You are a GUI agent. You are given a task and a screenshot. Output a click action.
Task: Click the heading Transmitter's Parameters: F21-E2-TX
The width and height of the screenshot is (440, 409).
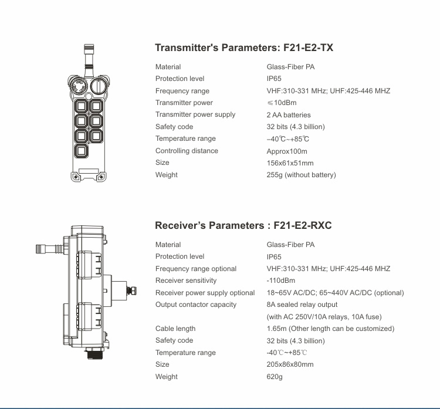pyautogui.click(x=243, y=48)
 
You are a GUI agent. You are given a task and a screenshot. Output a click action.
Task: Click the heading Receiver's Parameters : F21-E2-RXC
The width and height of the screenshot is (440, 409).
pyautogui.click(x=243, y=225)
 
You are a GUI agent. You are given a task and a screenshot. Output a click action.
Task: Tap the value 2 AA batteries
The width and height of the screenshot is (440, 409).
pyautogui.click(x=289, y=115)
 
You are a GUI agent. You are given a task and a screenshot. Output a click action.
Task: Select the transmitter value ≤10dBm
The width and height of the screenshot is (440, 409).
pyautogui.click(x=282, y=103)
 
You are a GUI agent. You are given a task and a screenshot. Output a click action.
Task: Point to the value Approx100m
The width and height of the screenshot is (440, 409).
pyautogui.click(x=287, y=151)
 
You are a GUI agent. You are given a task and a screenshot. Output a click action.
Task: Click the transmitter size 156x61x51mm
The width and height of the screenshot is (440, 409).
pyautogui.click(x=290, y=163)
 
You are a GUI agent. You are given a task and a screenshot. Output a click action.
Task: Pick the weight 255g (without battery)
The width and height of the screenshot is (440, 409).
pyautogui.click(x=301, y=175)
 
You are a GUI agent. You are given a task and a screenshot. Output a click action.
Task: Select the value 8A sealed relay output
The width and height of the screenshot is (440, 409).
pyautogui.click(x=302, y=305)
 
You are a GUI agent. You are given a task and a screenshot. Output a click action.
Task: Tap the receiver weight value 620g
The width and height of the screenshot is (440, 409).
pyautogui.click(x=275, y=377)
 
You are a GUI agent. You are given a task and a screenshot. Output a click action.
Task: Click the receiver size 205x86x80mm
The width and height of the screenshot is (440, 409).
pyautogui.click(x=290, y=364)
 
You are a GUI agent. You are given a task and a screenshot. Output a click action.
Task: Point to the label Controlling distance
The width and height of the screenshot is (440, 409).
pyautogui.click(x=187, y=151)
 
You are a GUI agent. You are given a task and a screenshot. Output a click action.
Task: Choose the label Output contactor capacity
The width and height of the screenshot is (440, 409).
pyautogui.click(x=196, y=305)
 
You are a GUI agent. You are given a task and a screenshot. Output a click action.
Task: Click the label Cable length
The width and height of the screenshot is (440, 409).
pyautogui.click(x=175, y=329)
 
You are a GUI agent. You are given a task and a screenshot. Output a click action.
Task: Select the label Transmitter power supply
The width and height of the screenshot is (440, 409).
pyautogui.click(x=195, y=115)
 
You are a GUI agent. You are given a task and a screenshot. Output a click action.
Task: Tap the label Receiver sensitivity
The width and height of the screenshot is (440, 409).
pyautogui.click(x=186, y=280)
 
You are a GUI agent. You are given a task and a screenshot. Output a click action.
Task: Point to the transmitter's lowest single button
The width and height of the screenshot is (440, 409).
pyautogui.click(x=81, y=150)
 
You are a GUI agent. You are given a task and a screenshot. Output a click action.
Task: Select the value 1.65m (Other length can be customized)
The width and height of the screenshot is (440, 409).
pyautogui.click(x=330, y=329)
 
